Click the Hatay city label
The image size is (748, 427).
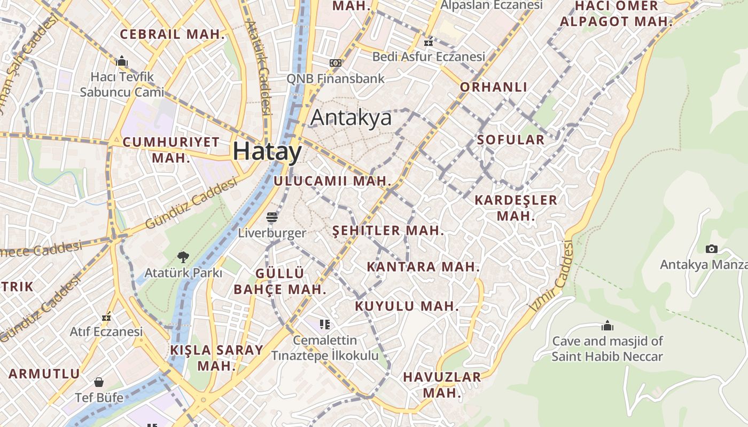pos(267,152)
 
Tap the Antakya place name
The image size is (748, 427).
pos(351,118)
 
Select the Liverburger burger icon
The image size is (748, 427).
pos(272,217)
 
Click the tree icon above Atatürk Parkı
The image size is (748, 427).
pos(183,257)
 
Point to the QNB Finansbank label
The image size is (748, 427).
pos(336,79)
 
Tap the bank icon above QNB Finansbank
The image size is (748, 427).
pos(336,63)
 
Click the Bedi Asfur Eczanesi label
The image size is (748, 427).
pos(428,57)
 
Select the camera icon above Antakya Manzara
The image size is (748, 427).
pos(711,249)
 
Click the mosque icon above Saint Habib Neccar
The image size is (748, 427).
pos(607,326)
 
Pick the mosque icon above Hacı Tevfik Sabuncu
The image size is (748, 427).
pos(122,61)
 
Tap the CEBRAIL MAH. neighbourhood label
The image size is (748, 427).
pos(173,35)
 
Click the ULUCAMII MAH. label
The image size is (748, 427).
pos(332,181)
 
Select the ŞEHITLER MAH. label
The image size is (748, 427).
pos(388,231)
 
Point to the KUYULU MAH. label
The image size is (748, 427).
pos(407,306)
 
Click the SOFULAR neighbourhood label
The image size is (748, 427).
pos(511,140)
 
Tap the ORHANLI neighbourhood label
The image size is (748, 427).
pos(494,87)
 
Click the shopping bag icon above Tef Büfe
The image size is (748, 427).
pos(99,382)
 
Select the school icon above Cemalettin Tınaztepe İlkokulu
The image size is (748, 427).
pos(325,325)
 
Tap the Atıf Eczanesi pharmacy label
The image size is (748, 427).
pos(106,331)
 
